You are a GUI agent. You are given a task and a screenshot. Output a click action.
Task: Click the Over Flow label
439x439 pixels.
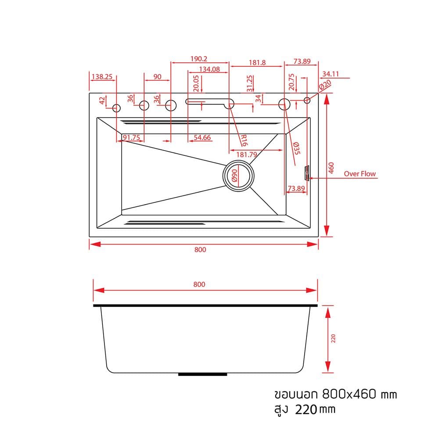point(360,173)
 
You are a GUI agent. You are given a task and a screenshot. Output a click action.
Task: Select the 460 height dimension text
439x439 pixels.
point(331,168)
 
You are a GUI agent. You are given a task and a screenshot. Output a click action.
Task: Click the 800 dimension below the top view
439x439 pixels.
point(200,249)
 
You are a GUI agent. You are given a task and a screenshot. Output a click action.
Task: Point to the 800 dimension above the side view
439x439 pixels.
point(199,284)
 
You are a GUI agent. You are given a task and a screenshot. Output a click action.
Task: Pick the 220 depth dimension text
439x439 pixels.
point(333,338)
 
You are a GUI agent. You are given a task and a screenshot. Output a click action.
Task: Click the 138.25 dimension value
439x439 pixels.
point(102,76)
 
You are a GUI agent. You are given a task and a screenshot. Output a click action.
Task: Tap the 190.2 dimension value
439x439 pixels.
point(199,59)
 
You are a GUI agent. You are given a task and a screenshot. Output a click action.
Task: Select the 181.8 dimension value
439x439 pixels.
point(257,62)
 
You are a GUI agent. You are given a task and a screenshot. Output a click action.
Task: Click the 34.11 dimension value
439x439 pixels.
point(331,74)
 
